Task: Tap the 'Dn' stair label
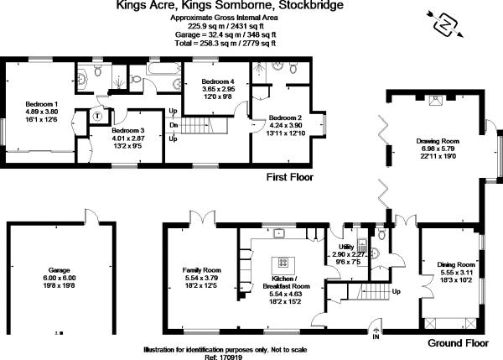174,125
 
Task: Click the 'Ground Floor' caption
458,343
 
